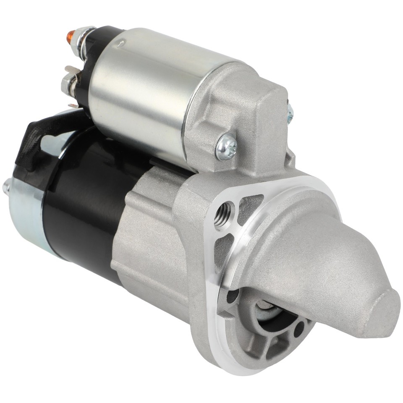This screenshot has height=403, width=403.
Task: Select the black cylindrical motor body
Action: (84, 197)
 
